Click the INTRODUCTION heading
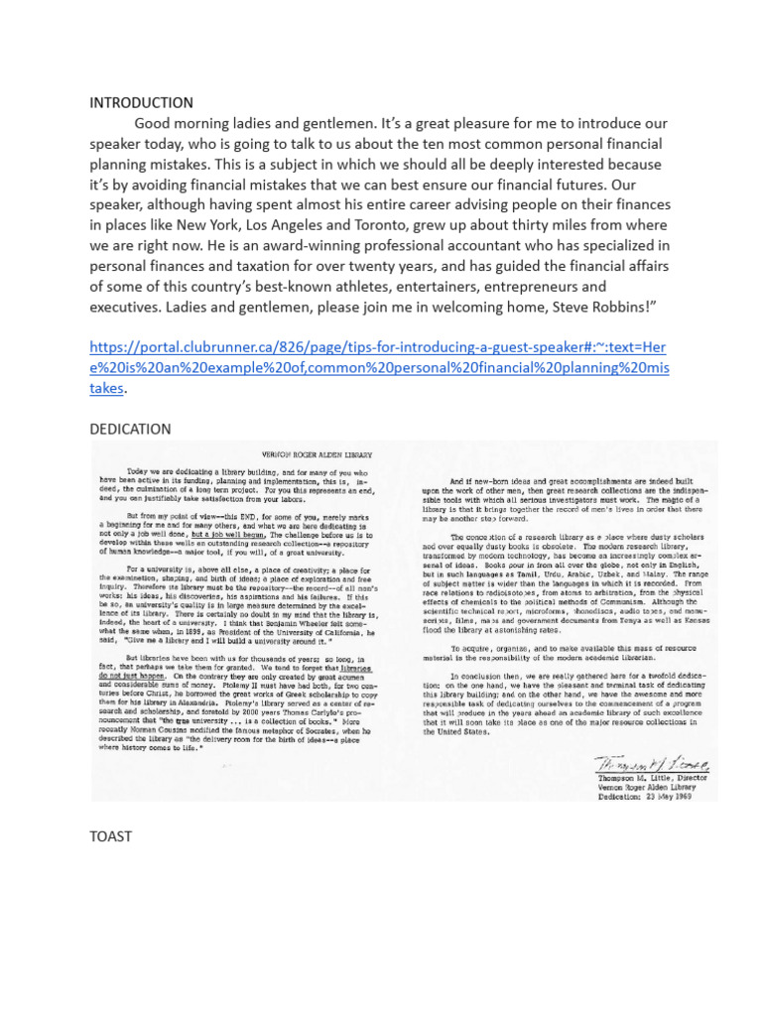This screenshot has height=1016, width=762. (x=141, y=103)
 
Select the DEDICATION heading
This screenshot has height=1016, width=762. (x=130, y=429)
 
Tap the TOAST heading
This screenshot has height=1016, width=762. (x=110, y=836)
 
